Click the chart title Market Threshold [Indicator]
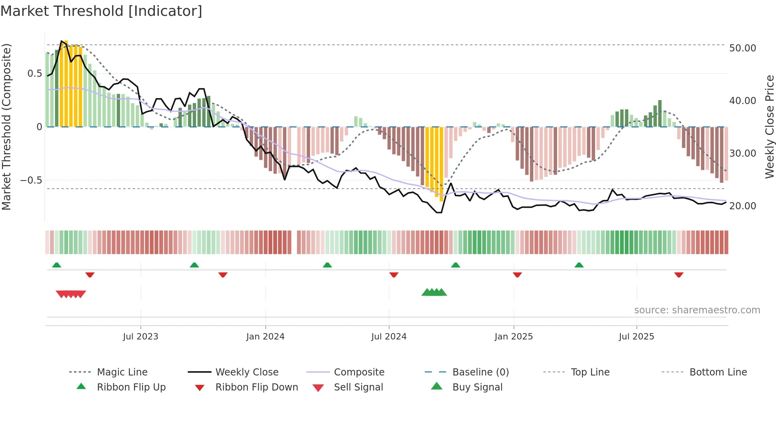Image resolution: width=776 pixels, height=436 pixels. click(x=101, y=11)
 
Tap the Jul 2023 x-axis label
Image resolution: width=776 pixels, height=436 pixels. click(x=141, y=337)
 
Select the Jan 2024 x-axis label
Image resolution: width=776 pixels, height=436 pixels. click(x=265, y=337)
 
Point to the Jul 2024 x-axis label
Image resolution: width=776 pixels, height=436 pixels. click(x=389, y=337)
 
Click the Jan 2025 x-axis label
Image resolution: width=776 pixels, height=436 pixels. click(x=514, y=337)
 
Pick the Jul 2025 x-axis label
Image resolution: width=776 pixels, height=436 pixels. click(x=637, y=337)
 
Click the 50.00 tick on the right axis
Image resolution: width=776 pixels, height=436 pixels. click(x=742, y=48)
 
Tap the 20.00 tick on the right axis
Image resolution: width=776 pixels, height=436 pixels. click(x=742, y=206)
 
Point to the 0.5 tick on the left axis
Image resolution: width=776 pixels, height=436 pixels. click(x=34, y=74)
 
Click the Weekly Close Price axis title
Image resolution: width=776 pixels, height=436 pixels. click(x=769, y=127)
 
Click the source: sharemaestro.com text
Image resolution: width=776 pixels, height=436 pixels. click(x=697, y=310)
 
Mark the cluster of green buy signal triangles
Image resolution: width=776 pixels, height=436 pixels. click(x=434, y=292)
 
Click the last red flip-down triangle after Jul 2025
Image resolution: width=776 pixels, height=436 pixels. click(x=679, y=275)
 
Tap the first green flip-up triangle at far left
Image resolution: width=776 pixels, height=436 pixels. click(x=57, y=265)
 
